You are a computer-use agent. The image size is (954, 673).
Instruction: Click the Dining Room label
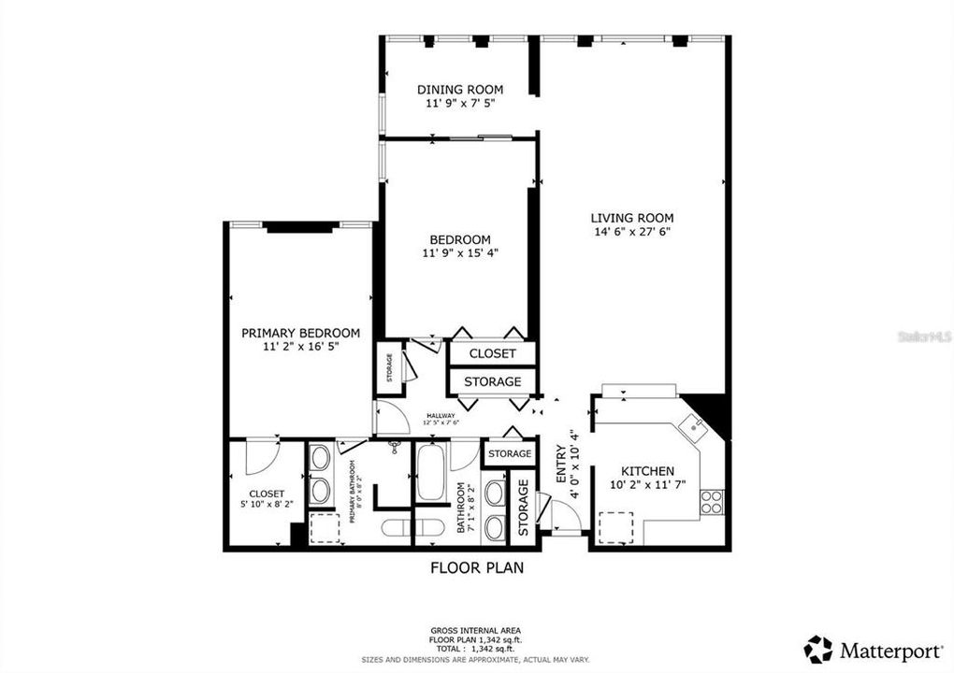(454, 90)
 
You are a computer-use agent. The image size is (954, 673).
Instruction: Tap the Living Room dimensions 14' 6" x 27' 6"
(632, 231)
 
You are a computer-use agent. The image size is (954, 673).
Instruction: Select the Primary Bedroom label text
(300, 333)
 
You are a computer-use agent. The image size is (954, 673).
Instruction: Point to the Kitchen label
(648, 471)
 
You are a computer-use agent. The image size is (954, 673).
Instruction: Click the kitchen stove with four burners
(712, 501)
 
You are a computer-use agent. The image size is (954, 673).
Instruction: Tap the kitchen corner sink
(695, 427)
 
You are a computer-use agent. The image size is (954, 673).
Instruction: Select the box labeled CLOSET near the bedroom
(492, 353)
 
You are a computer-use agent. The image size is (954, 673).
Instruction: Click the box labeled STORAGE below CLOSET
(492, 381)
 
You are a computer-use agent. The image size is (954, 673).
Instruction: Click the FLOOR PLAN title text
(476, 566)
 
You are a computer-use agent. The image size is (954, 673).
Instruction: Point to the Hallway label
(441, 416)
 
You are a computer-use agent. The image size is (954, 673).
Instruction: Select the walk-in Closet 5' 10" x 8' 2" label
(266, 498)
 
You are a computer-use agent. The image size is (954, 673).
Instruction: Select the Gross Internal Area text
(476, 632)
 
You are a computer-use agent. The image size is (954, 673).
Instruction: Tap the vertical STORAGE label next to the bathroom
(523, 509)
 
